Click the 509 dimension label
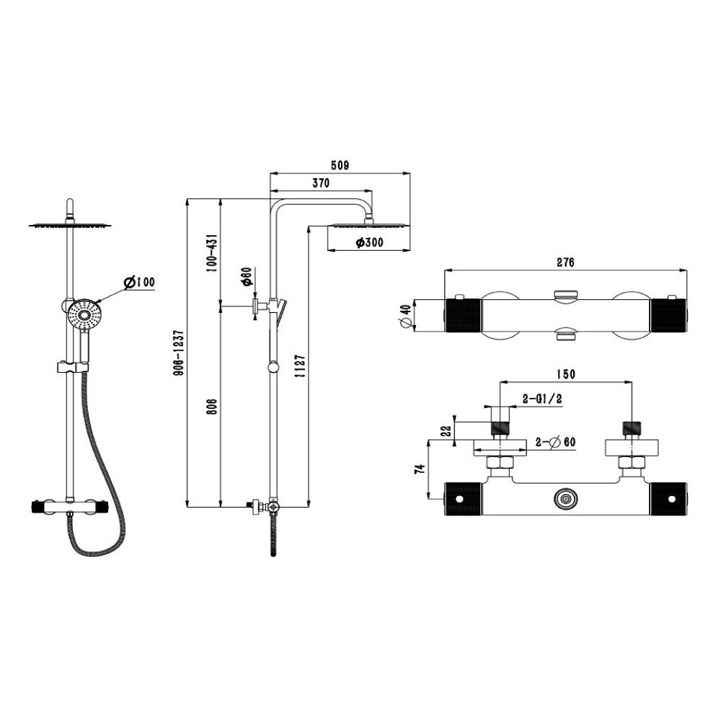click(340, 165)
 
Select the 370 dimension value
click(321, 183)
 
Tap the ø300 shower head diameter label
click(369, 242)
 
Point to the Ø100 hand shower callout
click(139, 283)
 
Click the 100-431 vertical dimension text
click(211, 253)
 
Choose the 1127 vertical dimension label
click(300, 366)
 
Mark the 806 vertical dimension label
click(211, 407)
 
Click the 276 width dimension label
click(565, 262)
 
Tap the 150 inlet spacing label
click(565, 374)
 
